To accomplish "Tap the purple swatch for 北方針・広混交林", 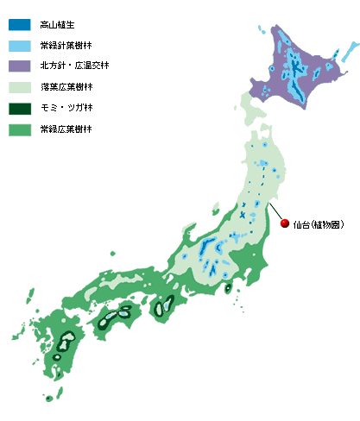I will [20, 66].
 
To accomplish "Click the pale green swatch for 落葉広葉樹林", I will [20, 87].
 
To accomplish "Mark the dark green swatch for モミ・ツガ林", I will [20, 108].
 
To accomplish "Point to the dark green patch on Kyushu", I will [63, 344].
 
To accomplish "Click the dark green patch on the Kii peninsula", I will [161, 306].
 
